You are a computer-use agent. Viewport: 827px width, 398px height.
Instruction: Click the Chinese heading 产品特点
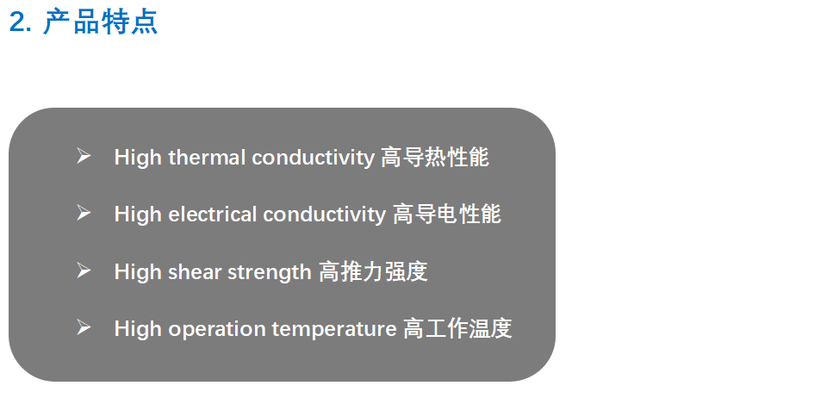100,22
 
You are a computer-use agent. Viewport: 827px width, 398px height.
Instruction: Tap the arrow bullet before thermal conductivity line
84,156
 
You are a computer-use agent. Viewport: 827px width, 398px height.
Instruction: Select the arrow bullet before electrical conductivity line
84,213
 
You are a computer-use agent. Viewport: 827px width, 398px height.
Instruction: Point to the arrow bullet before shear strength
84,271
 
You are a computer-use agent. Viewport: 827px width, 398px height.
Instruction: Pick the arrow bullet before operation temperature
84,327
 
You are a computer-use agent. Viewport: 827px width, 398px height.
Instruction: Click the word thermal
207,158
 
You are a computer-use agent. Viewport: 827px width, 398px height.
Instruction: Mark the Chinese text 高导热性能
435,157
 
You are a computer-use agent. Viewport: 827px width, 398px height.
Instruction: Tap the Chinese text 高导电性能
447,214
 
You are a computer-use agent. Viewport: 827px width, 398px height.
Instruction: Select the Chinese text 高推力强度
373,271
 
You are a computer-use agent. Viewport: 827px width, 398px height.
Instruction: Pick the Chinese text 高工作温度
457,328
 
